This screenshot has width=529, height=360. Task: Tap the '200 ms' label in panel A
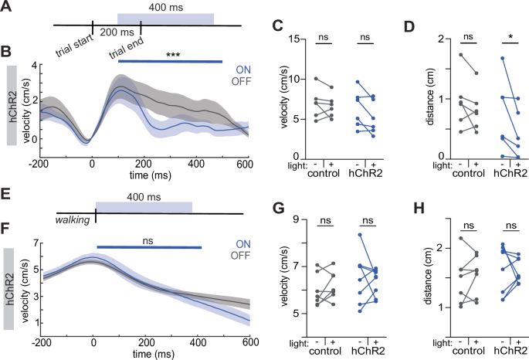[116, 33]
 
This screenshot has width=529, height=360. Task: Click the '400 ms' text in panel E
[143, 198]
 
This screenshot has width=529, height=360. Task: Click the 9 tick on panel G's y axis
[294, 219]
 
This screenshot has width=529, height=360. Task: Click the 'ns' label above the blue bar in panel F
[144, 242]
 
